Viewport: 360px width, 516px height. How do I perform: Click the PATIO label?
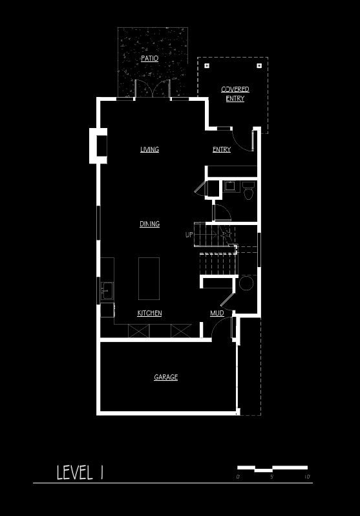[150, 59]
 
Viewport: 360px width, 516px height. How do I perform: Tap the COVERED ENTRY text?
[235, 94]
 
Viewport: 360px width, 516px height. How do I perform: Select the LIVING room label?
[150, 149]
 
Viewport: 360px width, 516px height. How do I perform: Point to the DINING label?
[150, 224]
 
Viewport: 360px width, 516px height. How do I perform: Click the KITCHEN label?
[149, 313]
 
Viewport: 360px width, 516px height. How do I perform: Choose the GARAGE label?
[166, 377]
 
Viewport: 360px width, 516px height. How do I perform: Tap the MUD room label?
[217, 313]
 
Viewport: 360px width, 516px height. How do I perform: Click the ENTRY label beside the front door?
[222, 149]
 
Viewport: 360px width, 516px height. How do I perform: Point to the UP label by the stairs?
[189, 235]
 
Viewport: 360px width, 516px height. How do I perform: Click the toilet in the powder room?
[248, 191]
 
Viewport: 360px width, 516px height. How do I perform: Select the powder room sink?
[229, 186]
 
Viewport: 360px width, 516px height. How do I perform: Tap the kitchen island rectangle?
[149, 279]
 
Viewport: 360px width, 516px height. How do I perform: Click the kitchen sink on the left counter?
[107, 290]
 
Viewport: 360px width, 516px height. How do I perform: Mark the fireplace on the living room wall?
[98, 145]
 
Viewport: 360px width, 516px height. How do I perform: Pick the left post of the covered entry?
[207, 66]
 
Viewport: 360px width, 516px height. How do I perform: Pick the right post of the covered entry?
[259, 66]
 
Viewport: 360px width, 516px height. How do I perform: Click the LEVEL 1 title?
[80, 472]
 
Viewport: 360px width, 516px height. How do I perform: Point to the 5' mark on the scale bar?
[272, 477]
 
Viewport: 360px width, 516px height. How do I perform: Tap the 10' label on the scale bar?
[308, 477]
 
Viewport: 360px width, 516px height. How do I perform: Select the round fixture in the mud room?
[246, 283]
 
